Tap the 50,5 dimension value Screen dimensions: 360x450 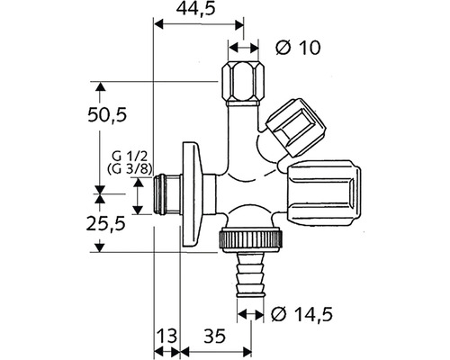point(106,115)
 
